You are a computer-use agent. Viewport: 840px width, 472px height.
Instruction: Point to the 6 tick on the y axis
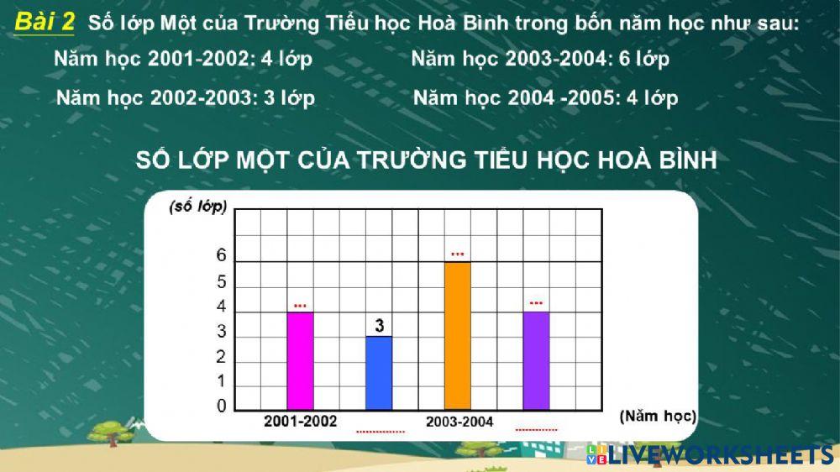coord(222,256)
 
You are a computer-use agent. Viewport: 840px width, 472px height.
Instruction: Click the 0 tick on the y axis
coord(222,406)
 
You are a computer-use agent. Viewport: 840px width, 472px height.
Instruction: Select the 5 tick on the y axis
coord(222,282)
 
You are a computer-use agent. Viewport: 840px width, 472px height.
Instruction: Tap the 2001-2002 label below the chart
coord(300,421)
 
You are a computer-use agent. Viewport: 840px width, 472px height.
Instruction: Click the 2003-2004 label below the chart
coord(459,422)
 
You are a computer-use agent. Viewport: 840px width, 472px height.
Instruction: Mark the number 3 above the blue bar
coord(380,325)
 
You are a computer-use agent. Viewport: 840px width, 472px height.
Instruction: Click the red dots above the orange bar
coord(457,254)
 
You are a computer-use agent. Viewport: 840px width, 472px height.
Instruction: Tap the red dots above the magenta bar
coord(300,305)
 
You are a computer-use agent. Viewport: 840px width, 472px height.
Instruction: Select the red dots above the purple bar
coord(536,302)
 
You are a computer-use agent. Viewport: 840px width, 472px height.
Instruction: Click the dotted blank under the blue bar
coord(381,432)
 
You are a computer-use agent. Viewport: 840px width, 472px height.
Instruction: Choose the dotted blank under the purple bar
coord(536,429)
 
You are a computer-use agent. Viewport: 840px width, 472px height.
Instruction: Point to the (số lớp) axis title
coord(198,207)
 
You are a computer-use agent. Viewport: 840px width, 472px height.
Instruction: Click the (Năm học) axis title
coord(658,415)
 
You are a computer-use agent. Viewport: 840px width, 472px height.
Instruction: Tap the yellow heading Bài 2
coord(45,23)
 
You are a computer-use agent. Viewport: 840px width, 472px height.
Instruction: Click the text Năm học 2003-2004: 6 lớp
coord(540,60)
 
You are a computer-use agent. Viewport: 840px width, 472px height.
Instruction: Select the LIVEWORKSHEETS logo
coord(711,454)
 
